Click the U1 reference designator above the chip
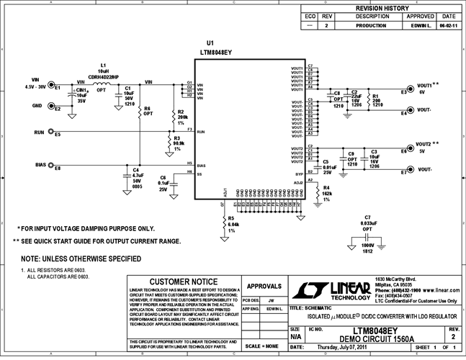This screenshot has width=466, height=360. point(210,43)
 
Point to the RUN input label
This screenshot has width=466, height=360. point(40,132)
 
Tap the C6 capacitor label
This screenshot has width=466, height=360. point(163,177)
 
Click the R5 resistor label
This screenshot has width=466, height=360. point(230,218)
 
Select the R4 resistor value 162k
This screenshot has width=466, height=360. point(326,194)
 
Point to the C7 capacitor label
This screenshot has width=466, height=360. point(367,217)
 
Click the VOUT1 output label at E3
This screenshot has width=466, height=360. point(425,85)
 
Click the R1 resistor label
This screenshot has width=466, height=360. point(374,94)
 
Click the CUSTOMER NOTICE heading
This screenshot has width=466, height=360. point(182,282)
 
